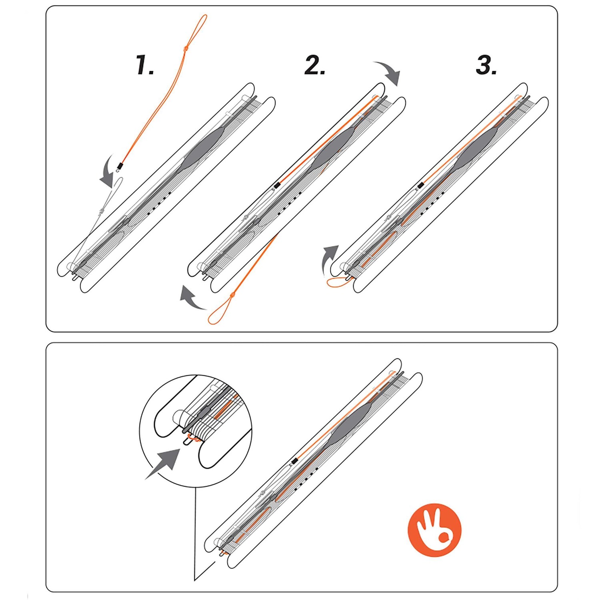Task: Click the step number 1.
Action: click(x=144, y=66)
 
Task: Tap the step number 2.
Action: click(x=314, y=66)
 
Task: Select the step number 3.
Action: click(x=486, y=66)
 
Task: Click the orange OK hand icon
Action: click(x=434, y=530)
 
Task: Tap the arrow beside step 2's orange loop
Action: click(x=192, y=298)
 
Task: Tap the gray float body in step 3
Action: click(x=476, y=147)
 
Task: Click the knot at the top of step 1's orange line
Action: click(x=185, y=48)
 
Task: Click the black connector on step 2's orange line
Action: click(x=276, y=185)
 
